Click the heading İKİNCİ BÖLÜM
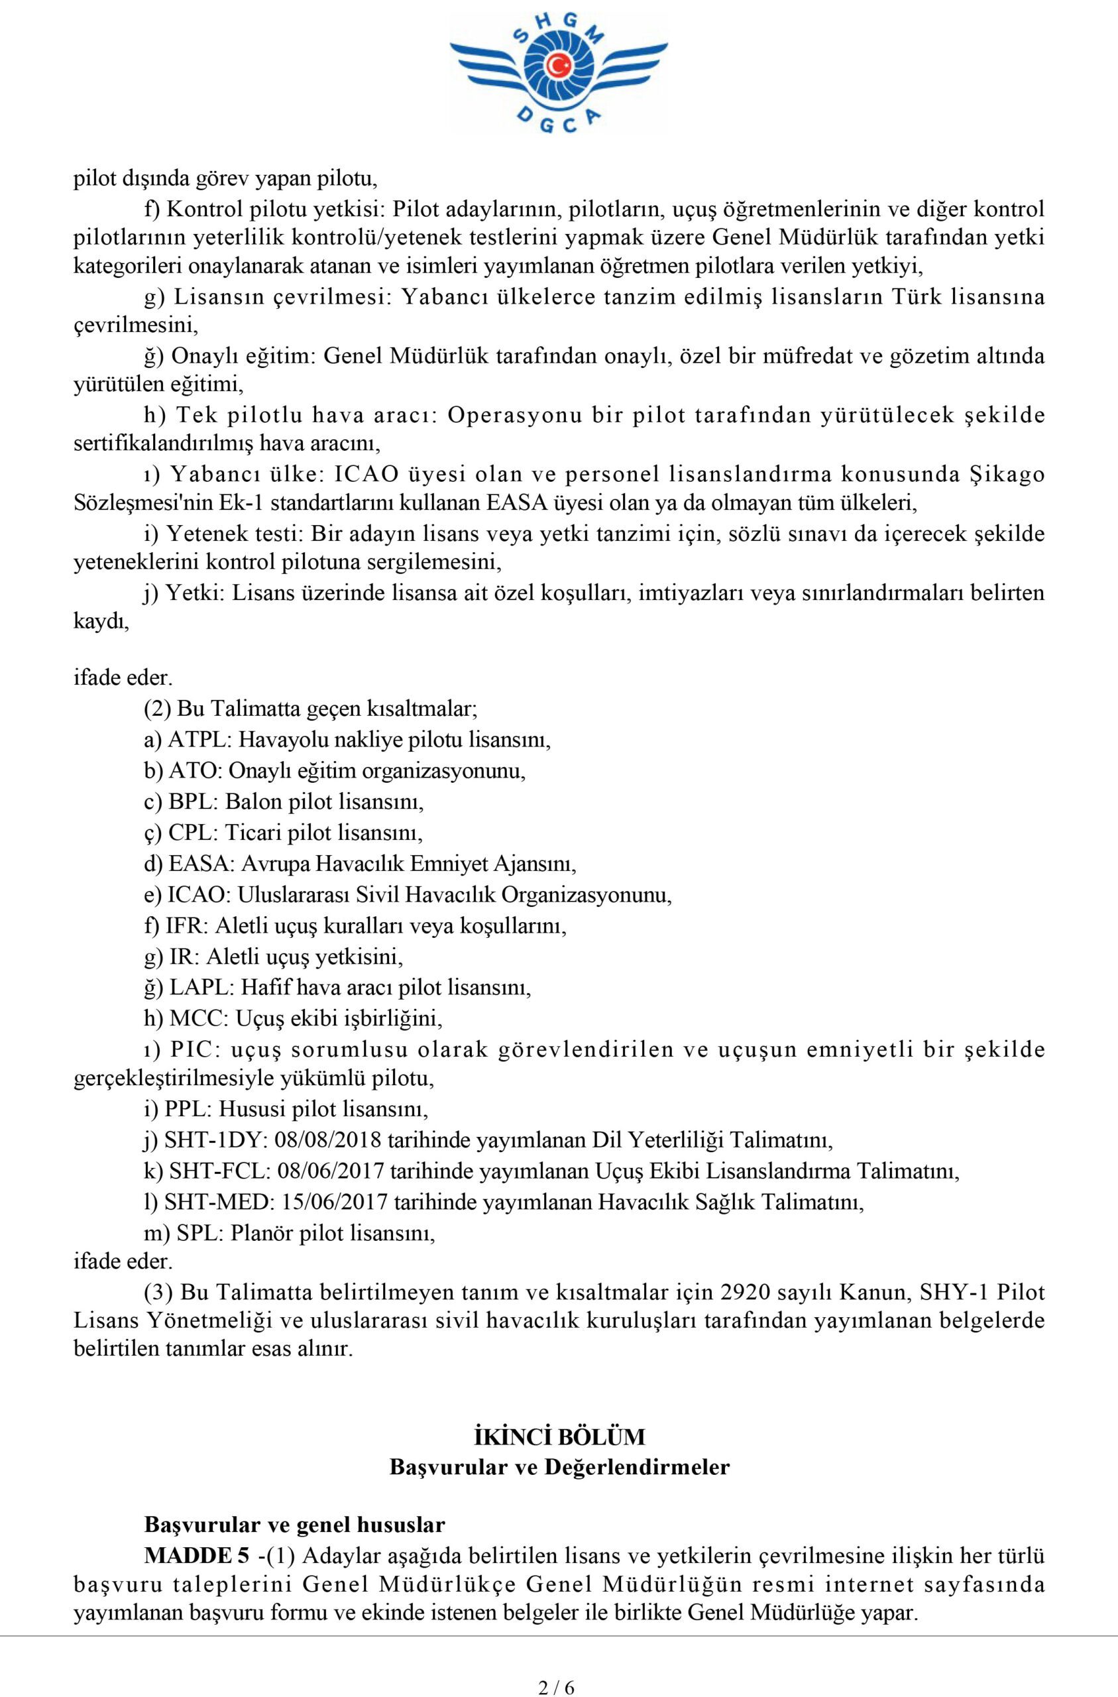559,1417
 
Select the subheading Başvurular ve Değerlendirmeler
559,1448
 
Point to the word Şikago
1007,474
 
